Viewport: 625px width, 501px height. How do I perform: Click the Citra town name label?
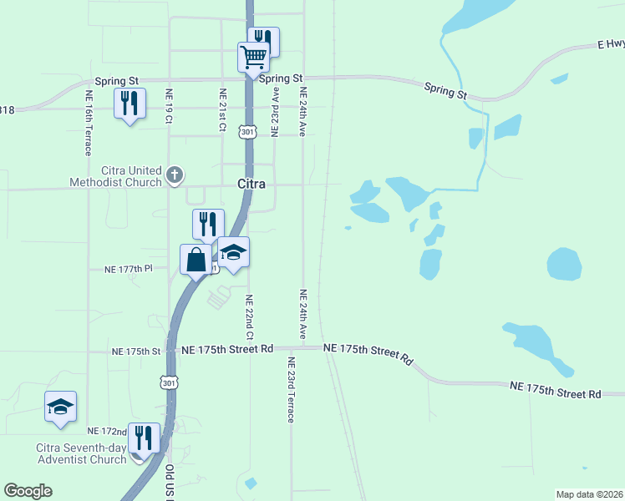tap(251, 184)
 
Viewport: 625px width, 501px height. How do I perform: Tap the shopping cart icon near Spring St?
tap(253, 58)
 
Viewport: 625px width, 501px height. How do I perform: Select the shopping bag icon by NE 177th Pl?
tap(196, 259)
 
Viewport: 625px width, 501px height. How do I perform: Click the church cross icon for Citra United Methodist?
tap(174, 175)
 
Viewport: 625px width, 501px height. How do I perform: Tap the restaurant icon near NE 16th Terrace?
tap(130, 104)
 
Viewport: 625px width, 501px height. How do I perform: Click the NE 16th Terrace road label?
tap(87, 123)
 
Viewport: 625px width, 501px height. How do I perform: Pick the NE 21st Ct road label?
tap(222, 110)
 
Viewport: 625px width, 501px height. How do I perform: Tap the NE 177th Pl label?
tap(129, 269)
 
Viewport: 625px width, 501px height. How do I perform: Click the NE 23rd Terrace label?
tap(291, 390)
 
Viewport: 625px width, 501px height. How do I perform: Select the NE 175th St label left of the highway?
tap(136, 352)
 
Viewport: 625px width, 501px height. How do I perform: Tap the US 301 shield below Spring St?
tap(247, 131)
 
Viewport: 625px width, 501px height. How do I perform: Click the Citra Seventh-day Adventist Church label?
tap(80, 453)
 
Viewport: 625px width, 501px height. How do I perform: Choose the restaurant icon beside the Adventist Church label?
tap(144, 438)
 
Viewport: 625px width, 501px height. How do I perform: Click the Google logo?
tap(28, 491)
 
